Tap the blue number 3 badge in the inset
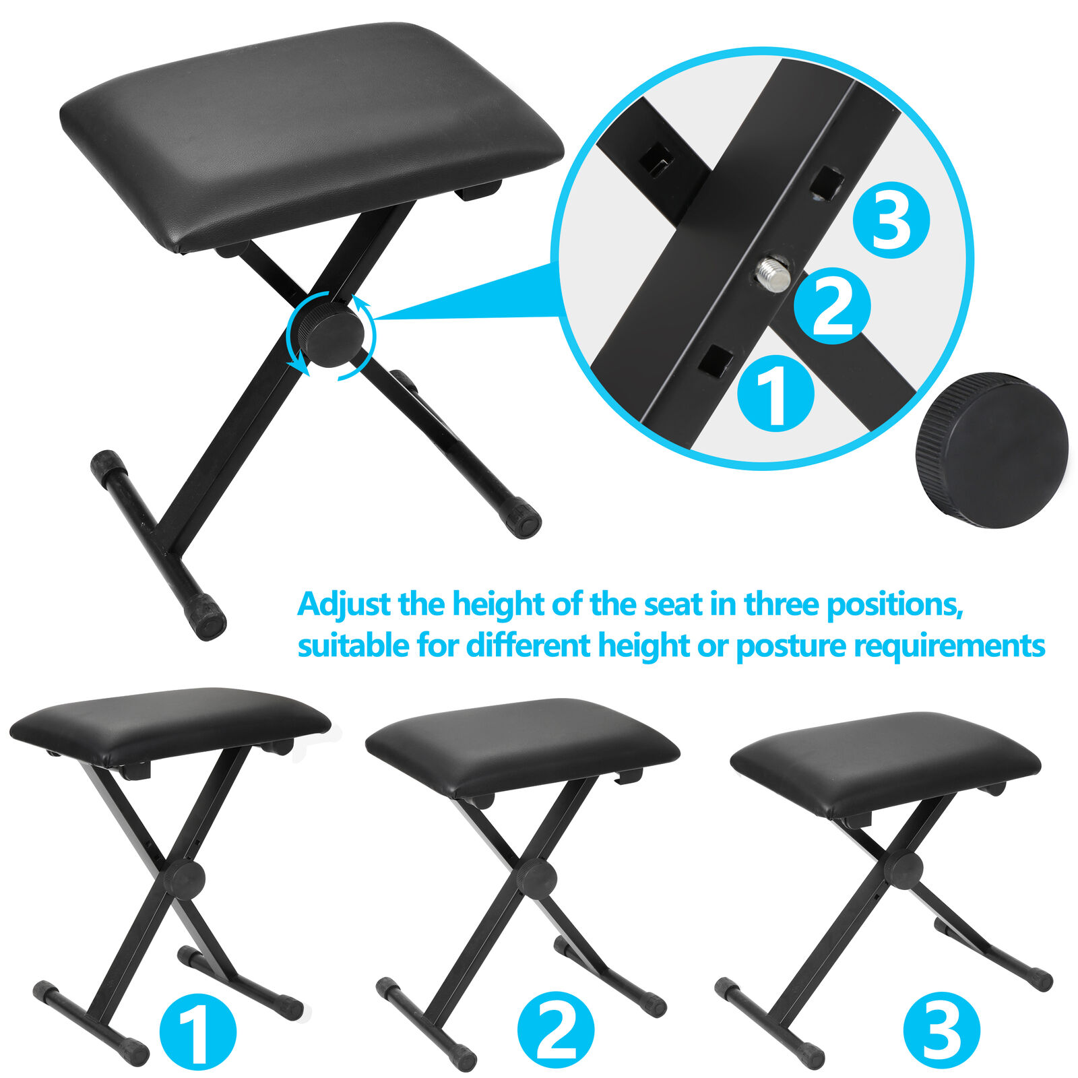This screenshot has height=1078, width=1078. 891,220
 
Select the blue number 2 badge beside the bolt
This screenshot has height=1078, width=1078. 832,306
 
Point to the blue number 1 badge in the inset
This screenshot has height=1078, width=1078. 775,393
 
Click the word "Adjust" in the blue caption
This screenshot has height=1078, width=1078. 344,604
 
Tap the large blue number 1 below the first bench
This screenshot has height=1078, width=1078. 198,1031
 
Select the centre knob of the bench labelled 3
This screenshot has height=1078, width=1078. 904,869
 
